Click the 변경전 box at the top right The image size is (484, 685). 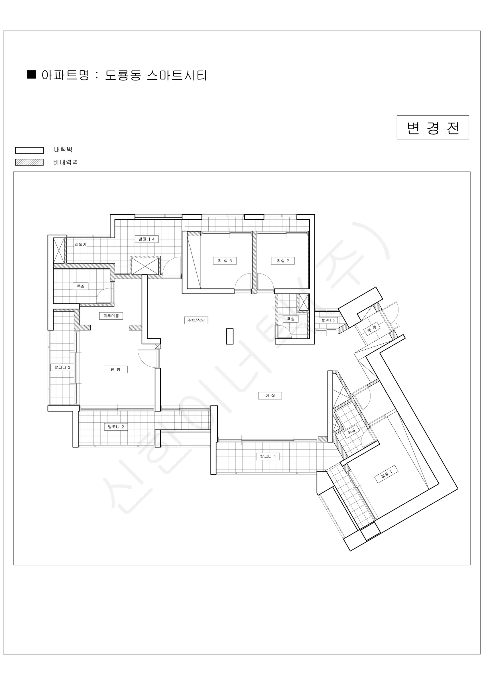point(432,127)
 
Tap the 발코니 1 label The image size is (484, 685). point(268,456)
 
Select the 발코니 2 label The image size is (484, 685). point(116,427)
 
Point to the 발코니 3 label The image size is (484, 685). point(62,367)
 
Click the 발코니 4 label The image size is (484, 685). point(146,239)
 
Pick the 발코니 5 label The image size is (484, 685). point(328,320)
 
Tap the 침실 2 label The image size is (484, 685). point(283,261)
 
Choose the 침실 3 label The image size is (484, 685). point(225,261)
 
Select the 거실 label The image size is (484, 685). point(270,396)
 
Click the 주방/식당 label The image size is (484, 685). point(196,321)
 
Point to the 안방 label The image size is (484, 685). point(115,369)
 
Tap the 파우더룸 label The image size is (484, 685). point(111,316)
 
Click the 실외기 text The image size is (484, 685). point(80,244)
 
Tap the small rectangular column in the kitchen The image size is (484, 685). point(229,336)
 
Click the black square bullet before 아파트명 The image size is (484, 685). point(31,74)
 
